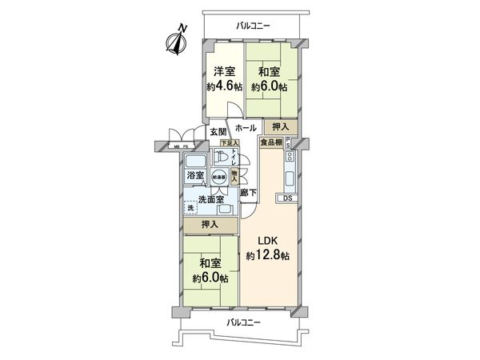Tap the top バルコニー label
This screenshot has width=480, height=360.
pos(253,26)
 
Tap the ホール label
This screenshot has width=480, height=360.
pos(246,128)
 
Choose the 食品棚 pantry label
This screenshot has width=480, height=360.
pos(270,142)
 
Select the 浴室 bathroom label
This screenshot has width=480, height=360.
pos(195,175)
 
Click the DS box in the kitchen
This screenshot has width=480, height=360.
pos(286,198)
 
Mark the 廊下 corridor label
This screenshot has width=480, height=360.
pos(248,192)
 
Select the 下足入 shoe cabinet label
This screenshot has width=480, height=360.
pos(229,143)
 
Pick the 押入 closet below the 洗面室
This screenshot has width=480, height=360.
pos(210,225)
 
